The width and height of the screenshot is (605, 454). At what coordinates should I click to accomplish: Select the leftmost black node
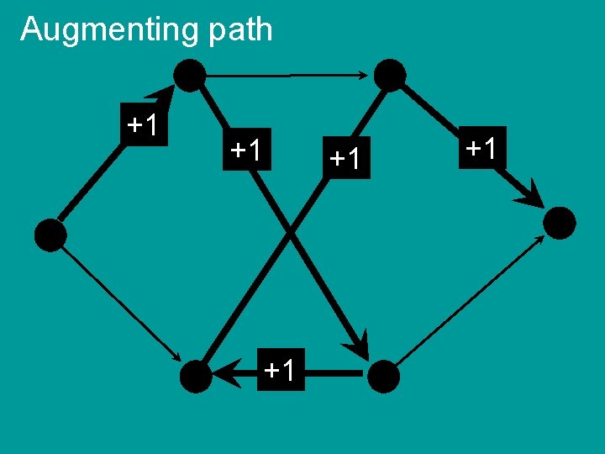[x=50, y=235]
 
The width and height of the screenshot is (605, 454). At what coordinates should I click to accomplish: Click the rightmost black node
[x=560, y=223]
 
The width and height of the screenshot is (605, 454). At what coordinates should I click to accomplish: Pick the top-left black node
[x=190, y=76]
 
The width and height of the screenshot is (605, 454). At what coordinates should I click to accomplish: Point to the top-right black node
[x=390, y=75]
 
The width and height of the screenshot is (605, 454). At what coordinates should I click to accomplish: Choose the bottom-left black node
[x=197, y=376]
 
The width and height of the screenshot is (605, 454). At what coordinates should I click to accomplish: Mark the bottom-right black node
[x=383, y=376]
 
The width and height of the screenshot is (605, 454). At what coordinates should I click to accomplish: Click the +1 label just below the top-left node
[x=248, y=150]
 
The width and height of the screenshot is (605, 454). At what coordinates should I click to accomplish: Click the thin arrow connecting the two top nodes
[x=286, y=76]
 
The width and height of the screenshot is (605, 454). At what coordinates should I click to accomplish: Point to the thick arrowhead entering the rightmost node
[x=529, y=195]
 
